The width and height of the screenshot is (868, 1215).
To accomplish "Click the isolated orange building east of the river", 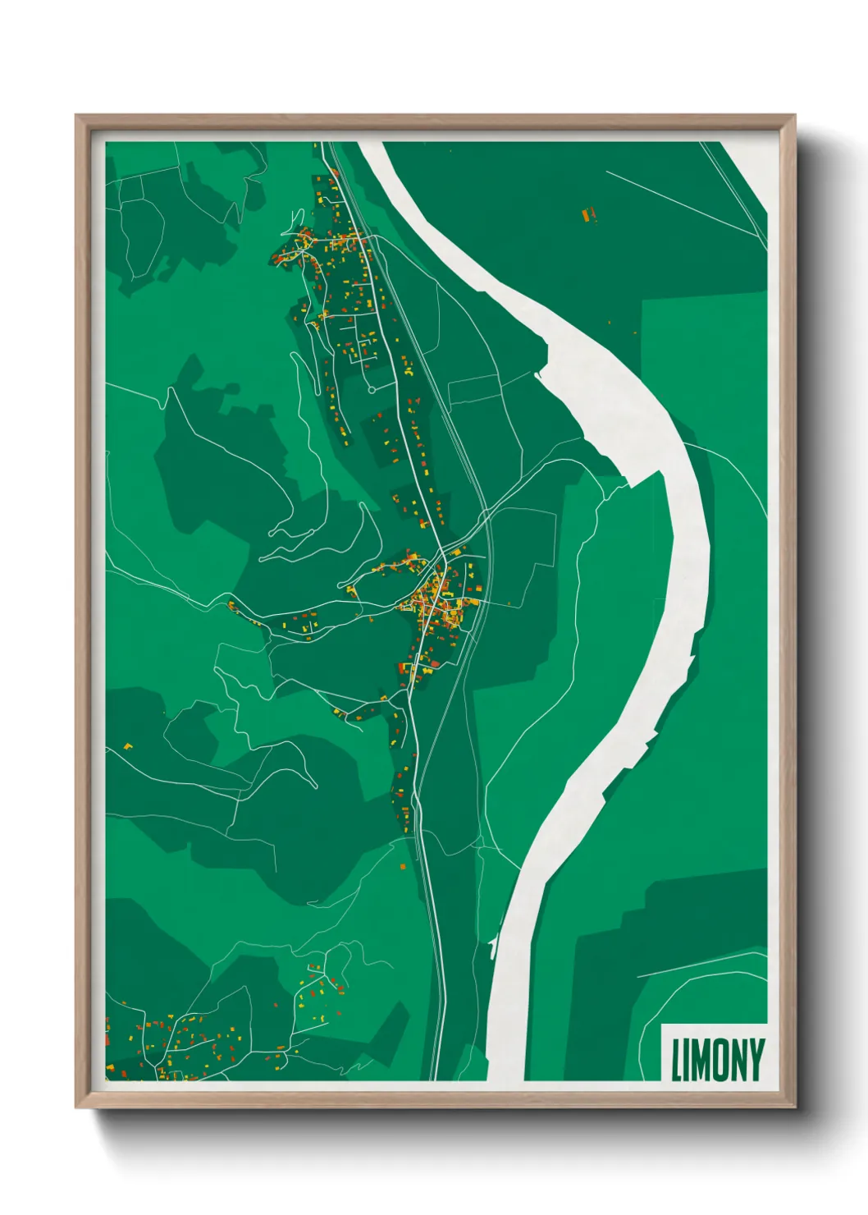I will (587, 216).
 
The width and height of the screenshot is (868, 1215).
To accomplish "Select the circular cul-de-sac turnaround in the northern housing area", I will (371, 390).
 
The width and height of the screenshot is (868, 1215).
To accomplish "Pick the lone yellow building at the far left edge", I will (128, 746).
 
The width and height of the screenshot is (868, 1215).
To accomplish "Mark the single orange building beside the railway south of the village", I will (403, 865).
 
